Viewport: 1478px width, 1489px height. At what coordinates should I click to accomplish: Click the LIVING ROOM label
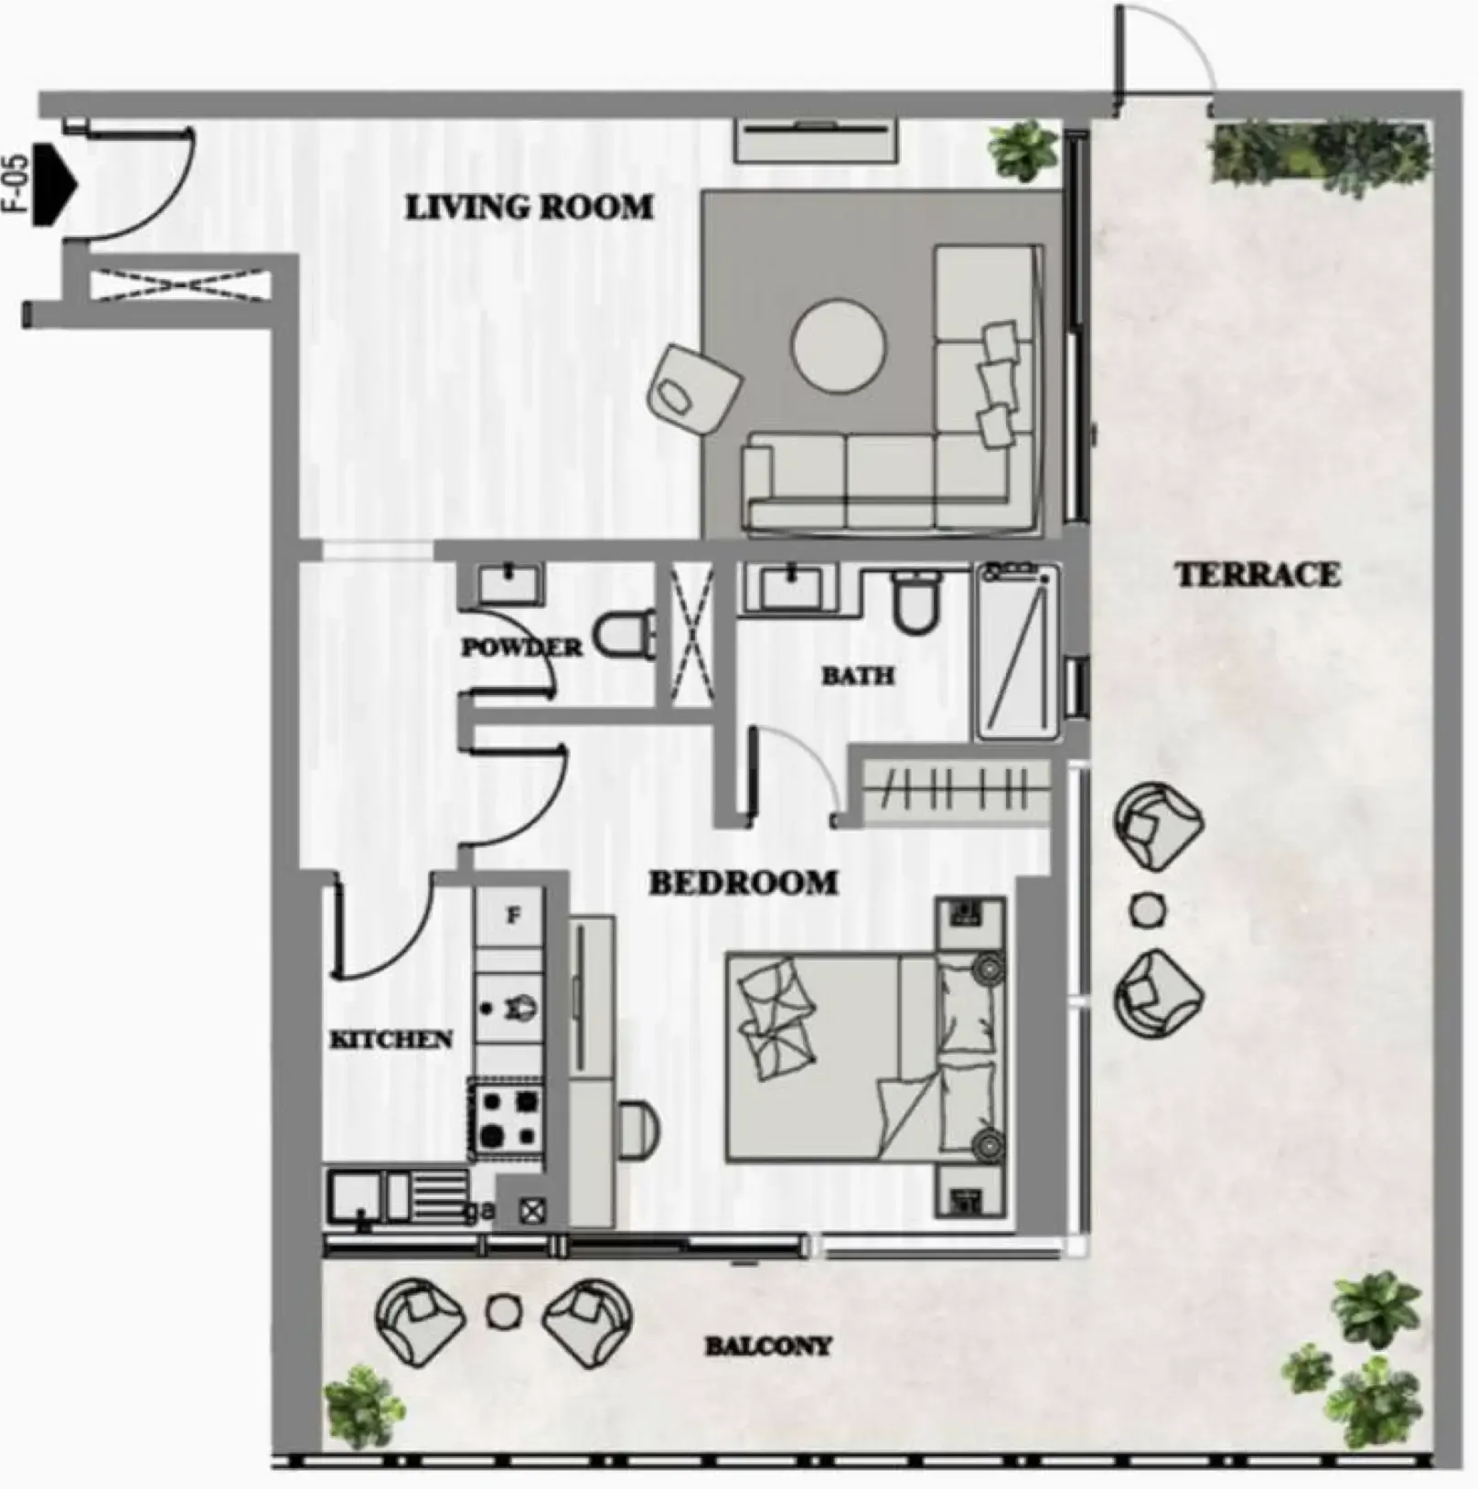click(x=530, y=208)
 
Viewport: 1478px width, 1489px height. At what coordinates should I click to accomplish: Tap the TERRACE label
click(x=1258, y=575)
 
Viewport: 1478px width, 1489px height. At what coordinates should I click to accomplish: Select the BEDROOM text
click(x=743, y=883)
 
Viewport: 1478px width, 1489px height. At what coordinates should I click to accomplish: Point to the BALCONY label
click(x=768, y=1345)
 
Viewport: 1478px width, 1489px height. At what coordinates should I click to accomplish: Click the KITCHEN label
click(x=391, y=1039)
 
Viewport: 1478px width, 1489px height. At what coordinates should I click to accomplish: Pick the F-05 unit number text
click(x=17, y=183)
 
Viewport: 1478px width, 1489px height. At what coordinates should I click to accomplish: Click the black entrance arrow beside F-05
click(x=54, y=184)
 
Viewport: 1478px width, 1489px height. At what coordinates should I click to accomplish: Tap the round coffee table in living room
click(x=838, y=348)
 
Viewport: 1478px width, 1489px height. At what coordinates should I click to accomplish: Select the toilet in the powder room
click(x=625, y=634)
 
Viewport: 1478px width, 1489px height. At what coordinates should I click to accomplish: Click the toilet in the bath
click(x=916, y=601)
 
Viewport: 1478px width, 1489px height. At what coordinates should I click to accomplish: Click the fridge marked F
click(x=512, y=916)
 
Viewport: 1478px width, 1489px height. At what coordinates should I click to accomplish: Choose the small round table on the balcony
click(x=503, y=1312)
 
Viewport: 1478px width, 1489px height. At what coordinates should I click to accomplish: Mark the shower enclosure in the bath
click(x=1018, y=651)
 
